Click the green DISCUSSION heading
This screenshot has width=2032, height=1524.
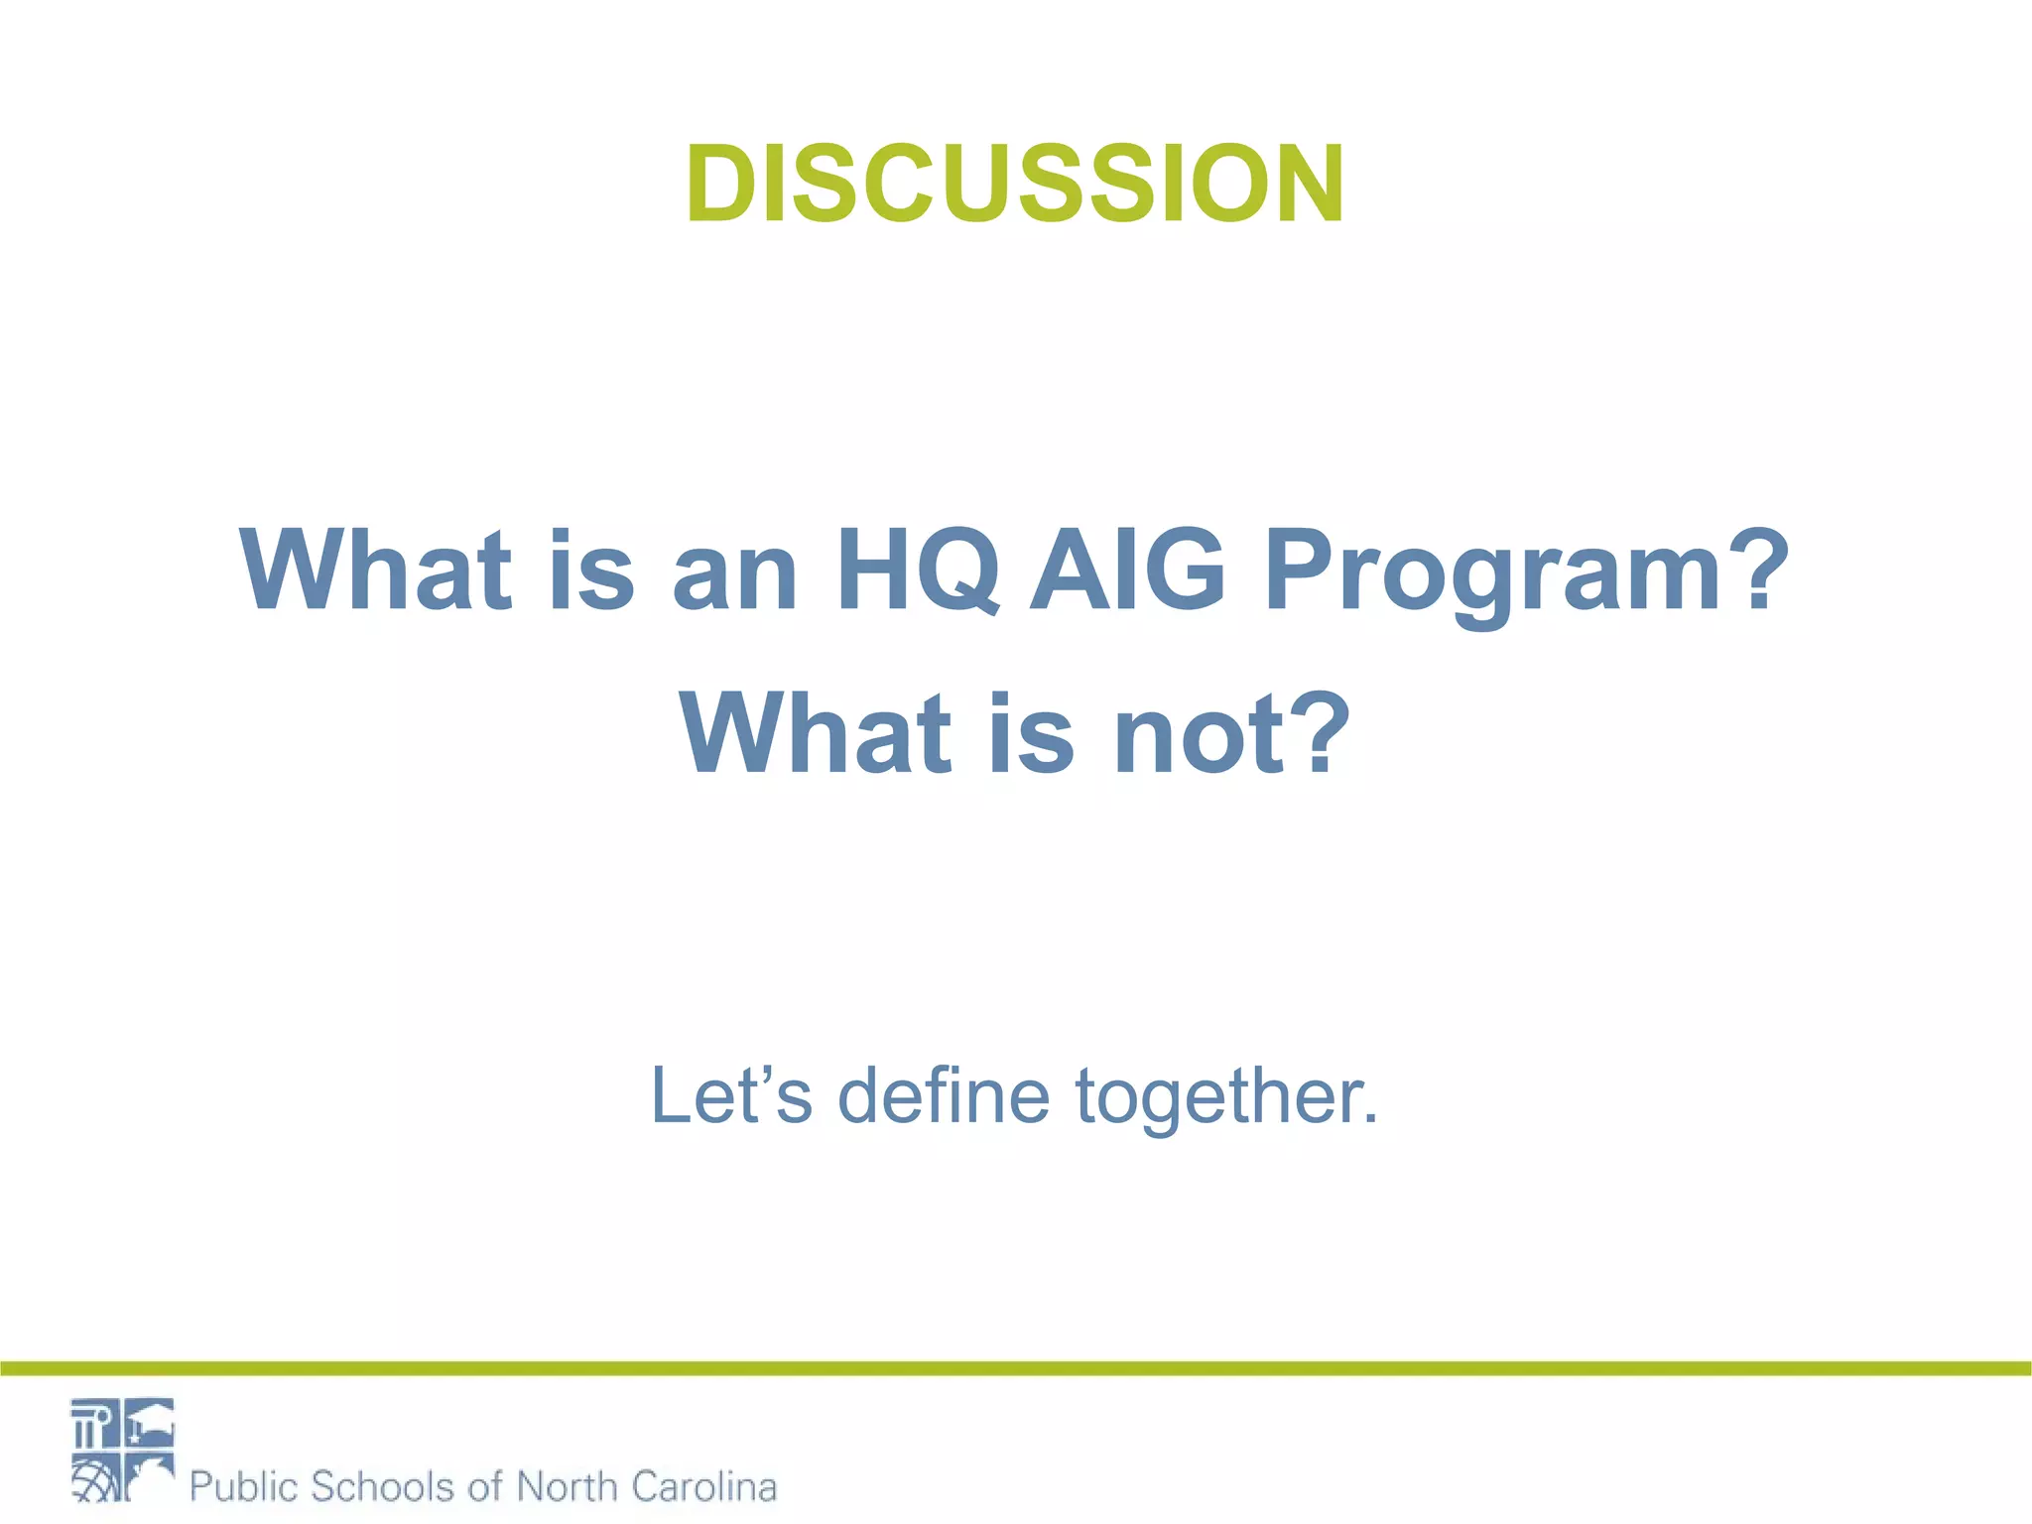point(1014,186)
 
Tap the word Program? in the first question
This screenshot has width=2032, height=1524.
point(1526,573)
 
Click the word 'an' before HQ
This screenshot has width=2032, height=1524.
point(734,575)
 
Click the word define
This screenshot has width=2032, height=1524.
point(944,1096)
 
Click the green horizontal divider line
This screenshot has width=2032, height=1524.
point(1016,1369)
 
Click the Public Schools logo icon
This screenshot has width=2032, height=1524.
point(122,1450)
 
